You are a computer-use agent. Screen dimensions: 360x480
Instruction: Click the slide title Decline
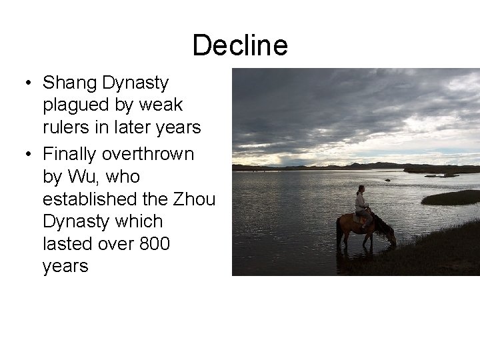point(240,46)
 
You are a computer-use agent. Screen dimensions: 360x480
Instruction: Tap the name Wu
point(77,177)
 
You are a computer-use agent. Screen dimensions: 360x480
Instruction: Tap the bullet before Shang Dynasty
point(28,83)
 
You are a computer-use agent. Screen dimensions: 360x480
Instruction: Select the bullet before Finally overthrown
point(28,154)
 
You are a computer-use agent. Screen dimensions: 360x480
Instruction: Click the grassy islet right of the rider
point(451,197)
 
